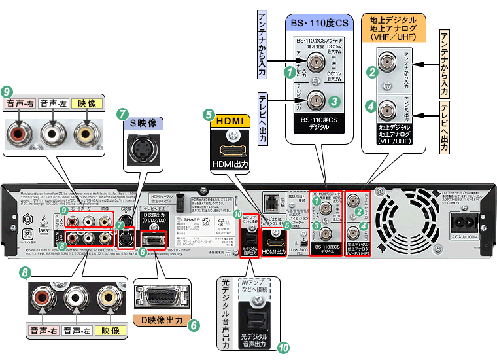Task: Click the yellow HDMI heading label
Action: tap(230, 121)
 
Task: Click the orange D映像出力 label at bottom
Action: tap(160, 323)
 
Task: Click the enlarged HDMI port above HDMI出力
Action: tap(230, 149)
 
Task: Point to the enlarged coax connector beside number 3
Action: tap(317, 100)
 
